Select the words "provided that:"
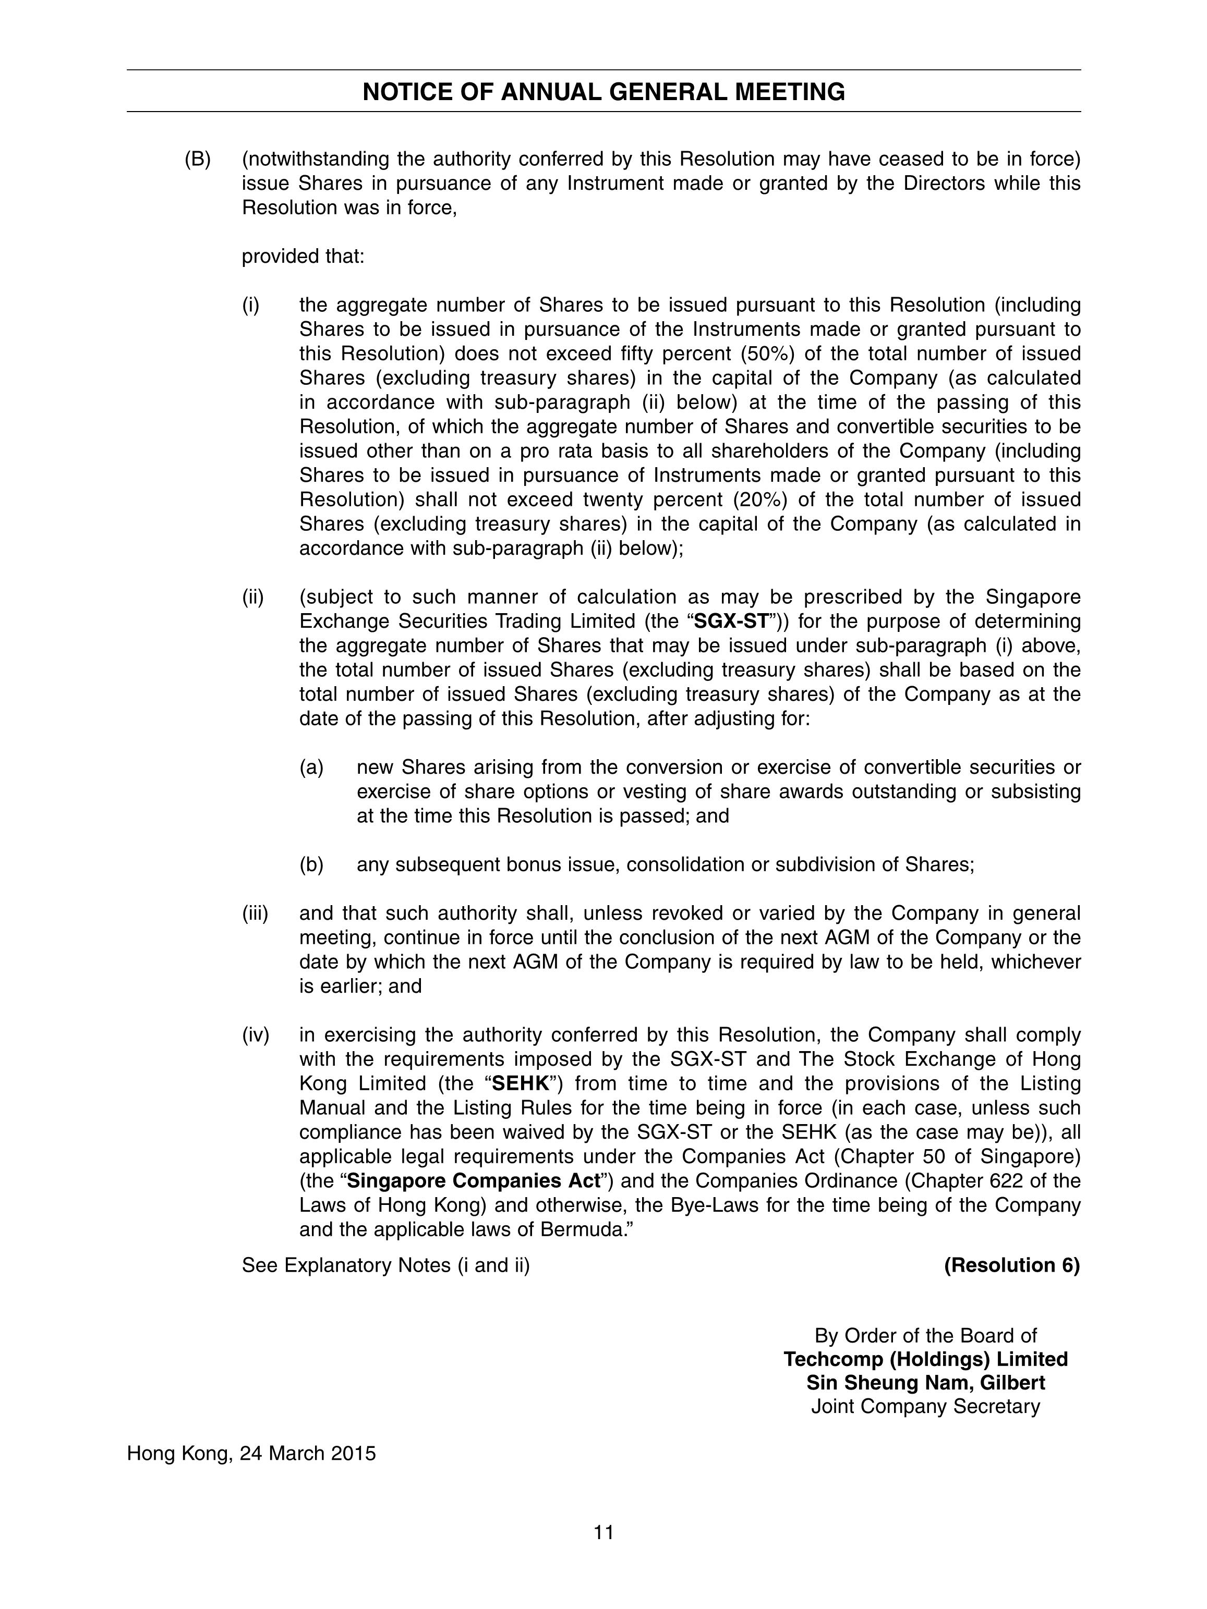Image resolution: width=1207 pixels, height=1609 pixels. pos(303,257)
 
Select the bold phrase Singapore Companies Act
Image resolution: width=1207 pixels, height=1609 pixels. pos(477,1180)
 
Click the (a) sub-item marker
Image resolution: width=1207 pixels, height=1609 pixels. pos(311,767)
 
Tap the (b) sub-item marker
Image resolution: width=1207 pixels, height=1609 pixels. pos(311,865)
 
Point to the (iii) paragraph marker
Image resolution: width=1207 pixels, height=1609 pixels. pos(256,913)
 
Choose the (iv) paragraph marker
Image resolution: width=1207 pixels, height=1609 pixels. pos(256,1034)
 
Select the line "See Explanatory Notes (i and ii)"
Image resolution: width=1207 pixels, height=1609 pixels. pos(385,1266)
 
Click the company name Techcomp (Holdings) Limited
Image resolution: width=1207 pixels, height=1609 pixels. pos(925,1359)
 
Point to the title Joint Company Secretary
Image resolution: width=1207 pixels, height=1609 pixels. pos(925,1407)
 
